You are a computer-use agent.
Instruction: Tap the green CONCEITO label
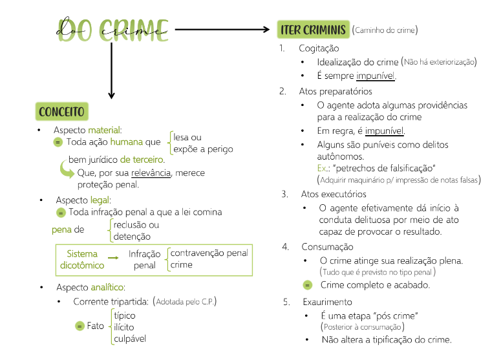click(61, 112)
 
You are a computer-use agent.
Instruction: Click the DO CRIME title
click(114, 29)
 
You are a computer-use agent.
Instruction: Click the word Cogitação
click(319, 48)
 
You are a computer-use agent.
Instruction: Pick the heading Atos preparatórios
click(335, 91)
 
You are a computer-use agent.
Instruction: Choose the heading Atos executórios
click(334, 194)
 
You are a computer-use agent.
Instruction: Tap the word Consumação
click(327, 247)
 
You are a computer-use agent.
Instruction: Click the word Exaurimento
click(327, 302)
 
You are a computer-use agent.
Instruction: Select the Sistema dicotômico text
click(82, 259)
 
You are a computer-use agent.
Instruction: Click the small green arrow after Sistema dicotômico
click(113, 258)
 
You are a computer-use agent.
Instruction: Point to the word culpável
click(129, 339)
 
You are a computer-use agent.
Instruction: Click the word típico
click(124, 315)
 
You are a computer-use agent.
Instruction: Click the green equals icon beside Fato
click(80, 326)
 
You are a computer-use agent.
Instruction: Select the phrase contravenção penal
click(209, 253)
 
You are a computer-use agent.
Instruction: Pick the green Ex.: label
click(324, 168)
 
